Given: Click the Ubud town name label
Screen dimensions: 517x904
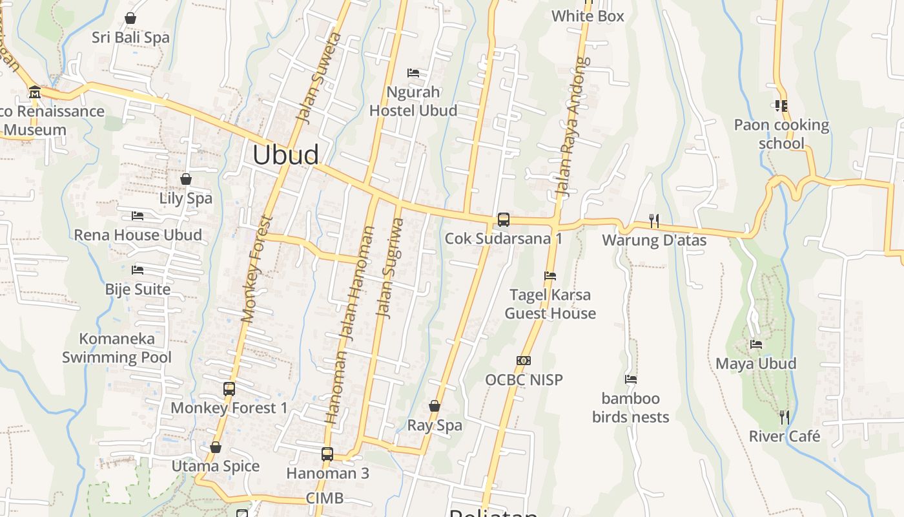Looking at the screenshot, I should (x=285, y=155).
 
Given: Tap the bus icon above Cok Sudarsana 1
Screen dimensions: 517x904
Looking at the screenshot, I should (x=504, y=220).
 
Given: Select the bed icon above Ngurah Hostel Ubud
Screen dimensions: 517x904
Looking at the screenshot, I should (x=413, y=72).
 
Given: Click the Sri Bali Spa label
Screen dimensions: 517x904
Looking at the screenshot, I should (x=130, y=37).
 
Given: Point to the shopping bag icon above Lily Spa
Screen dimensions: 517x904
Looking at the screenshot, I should (x=186, y=179).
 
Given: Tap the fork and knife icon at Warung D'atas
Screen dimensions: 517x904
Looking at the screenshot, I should (x=654, y=221).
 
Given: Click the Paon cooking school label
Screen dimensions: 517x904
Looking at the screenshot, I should (x=781, y=134).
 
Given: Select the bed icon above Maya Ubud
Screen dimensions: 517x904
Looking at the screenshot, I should (x=756, y=344).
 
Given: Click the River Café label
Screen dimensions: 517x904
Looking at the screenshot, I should (x=785, y=436).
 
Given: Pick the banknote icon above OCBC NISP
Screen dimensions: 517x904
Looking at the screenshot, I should (x=524, y=361).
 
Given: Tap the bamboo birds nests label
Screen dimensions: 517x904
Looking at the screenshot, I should (x=631, y=407).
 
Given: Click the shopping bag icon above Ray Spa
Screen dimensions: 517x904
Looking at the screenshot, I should (x=435, y=406).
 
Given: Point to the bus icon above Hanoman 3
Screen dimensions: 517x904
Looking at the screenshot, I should (x=327, y=454).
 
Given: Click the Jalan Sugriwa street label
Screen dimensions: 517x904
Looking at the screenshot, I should (x=390, y=268).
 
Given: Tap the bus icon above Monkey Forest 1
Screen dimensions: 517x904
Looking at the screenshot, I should (x=229, y=388).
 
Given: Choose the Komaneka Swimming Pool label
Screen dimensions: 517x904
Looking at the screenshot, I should (x=117, y=348).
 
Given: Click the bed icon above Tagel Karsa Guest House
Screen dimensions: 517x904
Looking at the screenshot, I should (x=550, y=276).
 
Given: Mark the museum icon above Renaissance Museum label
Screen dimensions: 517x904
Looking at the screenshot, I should (x=35, y=92).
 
